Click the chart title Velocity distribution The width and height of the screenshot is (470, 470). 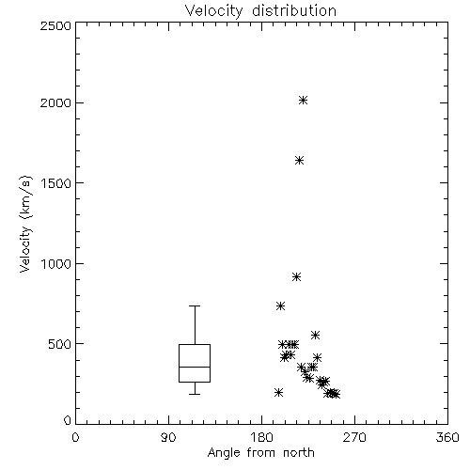click(260, 10)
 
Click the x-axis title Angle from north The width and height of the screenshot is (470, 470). click(260, 453)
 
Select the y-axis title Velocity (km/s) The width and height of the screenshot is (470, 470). click(25, 224)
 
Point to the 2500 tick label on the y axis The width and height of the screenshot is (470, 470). click(55, 25)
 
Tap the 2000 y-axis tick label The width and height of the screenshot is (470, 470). click(55, 102)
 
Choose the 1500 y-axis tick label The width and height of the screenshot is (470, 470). click(56, 183)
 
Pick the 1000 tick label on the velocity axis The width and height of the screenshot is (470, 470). click(56, 264)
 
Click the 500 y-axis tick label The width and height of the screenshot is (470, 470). click(60, 344)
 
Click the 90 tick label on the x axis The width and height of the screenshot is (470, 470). click(168, 437)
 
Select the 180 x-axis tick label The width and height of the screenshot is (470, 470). click(261, 437)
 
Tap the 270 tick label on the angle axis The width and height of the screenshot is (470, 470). click(354, 437)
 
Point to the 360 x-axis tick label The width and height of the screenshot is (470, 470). click(447, 437)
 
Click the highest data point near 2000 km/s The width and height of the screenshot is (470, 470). click(303, 101)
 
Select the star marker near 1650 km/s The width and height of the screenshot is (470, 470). click(299, 161)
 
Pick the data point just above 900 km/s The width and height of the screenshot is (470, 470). click(296, 277)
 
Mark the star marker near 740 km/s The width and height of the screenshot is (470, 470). click(280, 306)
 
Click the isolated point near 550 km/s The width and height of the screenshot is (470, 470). click(315, 335)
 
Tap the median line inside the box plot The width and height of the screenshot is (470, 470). click(195, 367)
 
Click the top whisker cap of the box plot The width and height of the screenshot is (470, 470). click(195, 305)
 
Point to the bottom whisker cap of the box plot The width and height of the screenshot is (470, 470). click(195, 394)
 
